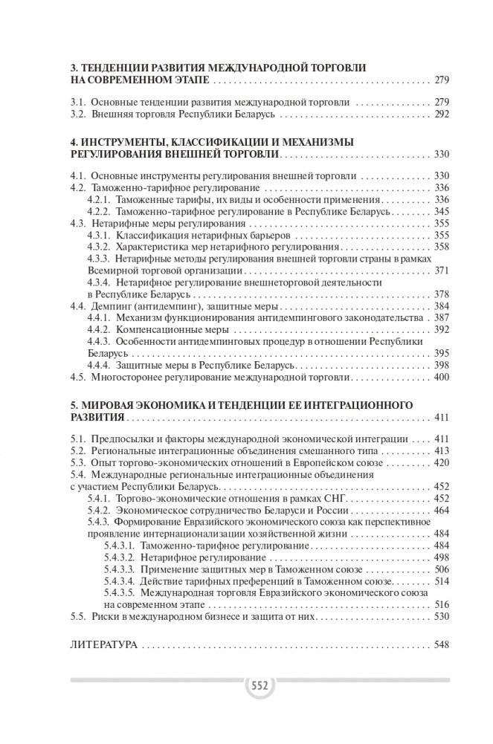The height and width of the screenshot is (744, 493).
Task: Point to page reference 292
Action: pyautogui.click(x=442, y=115)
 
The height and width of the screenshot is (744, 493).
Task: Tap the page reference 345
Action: pyautogui.click(x=442, y=211)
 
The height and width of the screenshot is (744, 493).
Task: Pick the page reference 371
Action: pyautogui.click(x=442, y=270)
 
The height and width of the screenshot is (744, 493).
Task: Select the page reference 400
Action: pyautogui.click(x=442, y=377)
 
